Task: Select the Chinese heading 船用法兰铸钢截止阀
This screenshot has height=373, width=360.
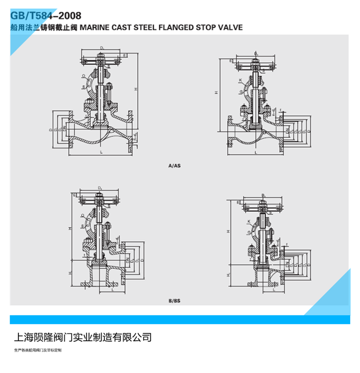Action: click(x=44, y=28)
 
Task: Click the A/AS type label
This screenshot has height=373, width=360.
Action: click(x=174, y=166)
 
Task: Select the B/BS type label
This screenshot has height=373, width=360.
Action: click(x=174, y=301)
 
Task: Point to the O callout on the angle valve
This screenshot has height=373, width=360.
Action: click(x=82, y=215)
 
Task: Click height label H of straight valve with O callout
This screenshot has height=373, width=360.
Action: click(x=136, y=89)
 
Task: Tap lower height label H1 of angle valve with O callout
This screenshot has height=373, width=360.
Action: click(x=70, y=273)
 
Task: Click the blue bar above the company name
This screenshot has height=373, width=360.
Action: click(x=180, y=319)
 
